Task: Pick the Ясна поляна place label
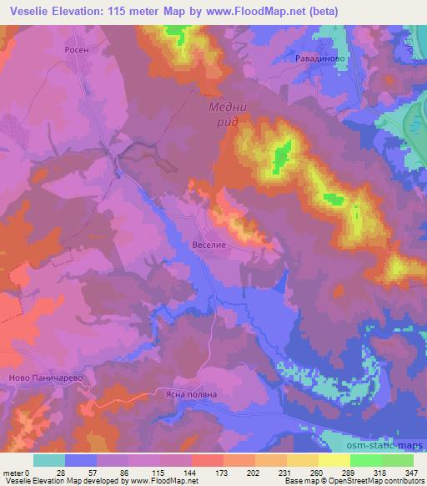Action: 190,394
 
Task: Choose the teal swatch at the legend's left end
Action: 48,460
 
